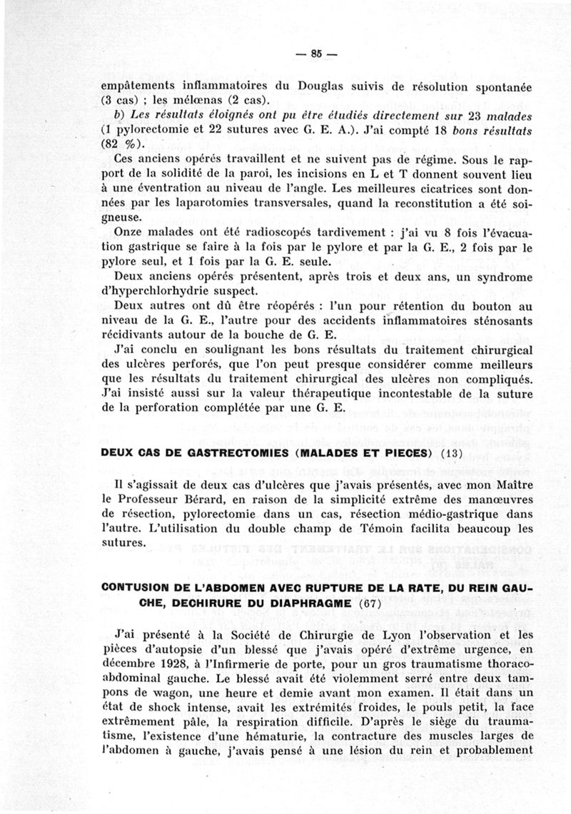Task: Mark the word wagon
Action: (181, 698)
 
